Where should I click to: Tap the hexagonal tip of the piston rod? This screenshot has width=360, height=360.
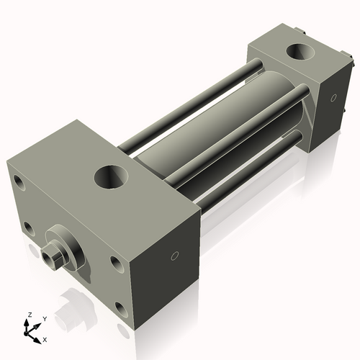click(x=52, y=256)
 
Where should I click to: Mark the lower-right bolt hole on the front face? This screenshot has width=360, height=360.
click(x=119, y=308)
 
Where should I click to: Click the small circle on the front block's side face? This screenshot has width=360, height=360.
click(x=174, y=256)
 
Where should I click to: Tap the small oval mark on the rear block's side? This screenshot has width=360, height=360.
click(x=333, y=97)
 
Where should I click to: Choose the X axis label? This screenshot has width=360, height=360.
click(x=46, y=338)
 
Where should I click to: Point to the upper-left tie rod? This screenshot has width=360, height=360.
click(x=187, y=108)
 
